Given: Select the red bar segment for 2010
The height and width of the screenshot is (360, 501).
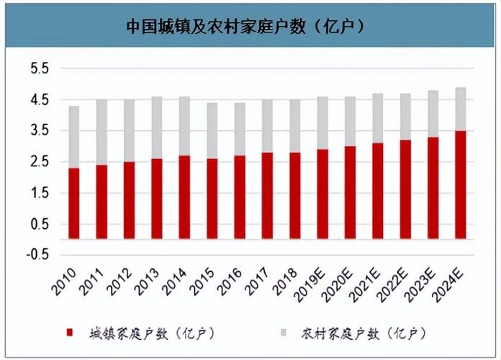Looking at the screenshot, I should pyautogui.click(x=73, y=203).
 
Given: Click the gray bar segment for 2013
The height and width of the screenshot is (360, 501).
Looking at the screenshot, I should pyautogui.click(x=157, y=127).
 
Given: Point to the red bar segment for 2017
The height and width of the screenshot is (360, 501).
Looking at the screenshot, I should pyautogui.click(x=267, y=195).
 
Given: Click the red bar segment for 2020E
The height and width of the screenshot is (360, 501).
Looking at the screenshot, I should pyautogui.click(x=350, y=192).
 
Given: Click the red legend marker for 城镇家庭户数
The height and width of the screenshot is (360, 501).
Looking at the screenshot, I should pyautogui.click(x=70, y=333).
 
